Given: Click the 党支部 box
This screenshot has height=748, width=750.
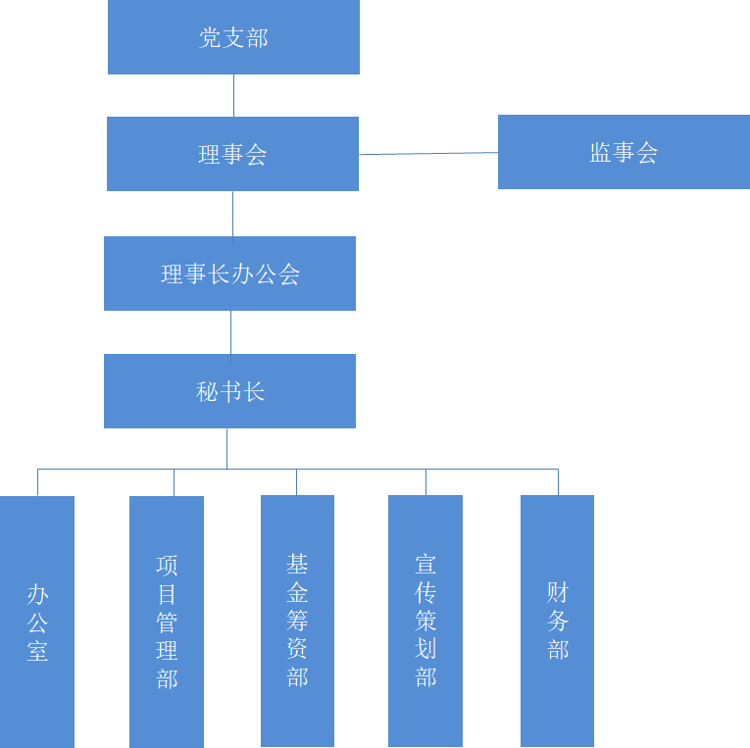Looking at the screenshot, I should [233, 37].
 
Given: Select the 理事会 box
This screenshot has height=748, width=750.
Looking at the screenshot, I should [232, 154].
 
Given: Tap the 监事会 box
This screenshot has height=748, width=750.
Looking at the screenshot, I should [624, 152].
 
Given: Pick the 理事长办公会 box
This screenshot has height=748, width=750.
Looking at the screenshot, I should [229, 274].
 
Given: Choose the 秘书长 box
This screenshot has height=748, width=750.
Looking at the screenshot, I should [229, 391].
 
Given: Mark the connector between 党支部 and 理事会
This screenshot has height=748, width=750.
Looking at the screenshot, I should [233, 95].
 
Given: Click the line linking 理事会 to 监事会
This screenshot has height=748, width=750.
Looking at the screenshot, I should [428, 154].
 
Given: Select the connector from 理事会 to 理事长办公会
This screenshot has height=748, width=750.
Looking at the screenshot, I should [232, 214].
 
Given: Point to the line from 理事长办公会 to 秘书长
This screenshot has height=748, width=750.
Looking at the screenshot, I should [230, 332].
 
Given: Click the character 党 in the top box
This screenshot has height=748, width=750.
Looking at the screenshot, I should [210, 38].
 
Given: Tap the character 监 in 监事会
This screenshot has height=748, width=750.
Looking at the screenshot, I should [600, 153].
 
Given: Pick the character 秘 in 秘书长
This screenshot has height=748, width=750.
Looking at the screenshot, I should [207, 392].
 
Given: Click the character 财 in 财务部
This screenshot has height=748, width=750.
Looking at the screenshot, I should [557, 592].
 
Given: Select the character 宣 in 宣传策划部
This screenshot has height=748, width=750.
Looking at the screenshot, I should [425, 564].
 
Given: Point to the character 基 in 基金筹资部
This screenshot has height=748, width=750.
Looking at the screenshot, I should [297, 564].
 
